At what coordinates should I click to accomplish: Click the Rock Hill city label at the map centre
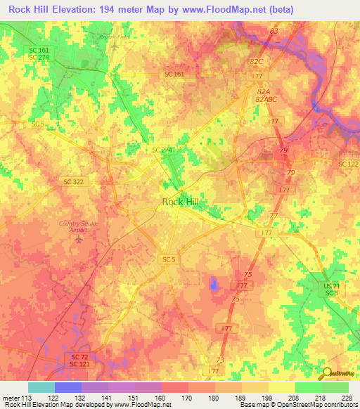point(180,202)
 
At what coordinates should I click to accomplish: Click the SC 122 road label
point(347,164)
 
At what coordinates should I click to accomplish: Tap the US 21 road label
point(330,285)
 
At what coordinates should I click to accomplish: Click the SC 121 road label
point(79,365)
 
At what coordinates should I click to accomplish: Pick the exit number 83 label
point(274,32)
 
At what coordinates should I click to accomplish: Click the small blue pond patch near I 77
point(213,283)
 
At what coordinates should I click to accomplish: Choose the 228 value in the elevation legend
point(347,396)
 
